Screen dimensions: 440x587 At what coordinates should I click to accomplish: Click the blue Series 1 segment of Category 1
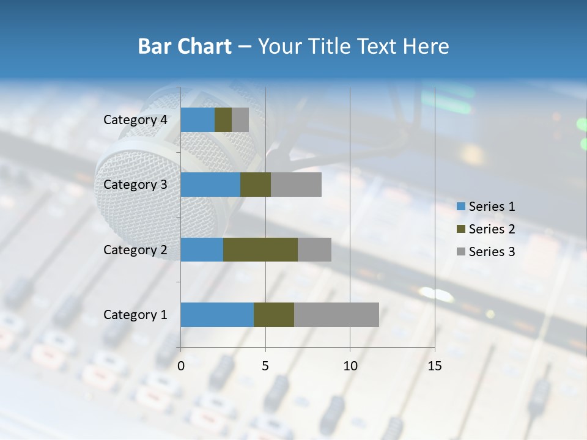click(217, 315)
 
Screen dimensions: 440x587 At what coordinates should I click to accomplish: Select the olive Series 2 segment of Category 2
click(260, 249)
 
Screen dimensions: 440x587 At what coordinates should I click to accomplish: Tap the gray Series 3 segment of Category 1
click(336, 315)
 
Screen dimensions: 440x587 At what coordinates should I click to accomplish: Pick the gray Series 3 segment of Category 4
click(240, 120)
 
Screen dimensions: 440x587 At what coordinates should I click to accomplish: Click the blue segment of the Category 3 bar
click(210, 185)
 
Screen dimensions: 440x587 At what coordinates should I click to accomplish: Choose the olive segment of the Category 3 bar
click(256, 185)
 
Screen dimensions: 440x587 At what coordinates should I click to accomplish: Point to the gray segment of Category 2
click(314, 249)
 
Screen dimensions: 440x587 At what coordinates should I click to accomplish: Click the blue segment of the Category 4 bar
click(198, 120)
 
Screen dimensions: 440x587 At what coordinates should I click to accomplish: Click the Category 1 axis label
click(135, 315)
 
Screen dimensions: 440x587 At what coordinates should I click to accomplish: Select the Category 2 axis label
click(135, 249)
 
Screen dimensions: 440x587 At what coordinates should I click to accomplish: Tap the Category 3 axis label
click(135, 185)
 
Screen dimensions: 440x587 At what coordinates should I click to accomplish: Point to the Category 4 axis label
click(135, 120)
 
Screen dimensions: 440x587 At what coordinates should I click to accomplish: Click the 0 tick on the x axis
click(181, 366)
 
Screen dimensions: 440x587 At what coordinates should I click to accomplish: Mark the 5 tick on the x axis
click(265, 366)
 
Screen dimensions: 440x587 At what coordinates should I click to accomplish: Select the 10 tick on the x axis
click(350, 366)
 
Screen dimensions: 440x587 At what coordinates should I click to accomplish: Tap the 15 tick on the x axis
click(435, 366)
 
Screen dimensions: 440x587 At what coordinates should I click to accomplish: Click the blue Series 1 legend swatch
click(461, 207)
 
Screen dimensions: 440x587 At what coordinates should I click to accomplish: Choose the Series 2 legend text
click(492, 229)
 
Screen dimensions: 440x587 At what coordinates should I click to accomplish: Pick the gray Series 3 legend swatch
click(461, 252)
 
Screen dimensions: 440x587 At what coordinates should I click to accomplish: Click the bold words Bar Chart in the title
click(185, 46)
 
